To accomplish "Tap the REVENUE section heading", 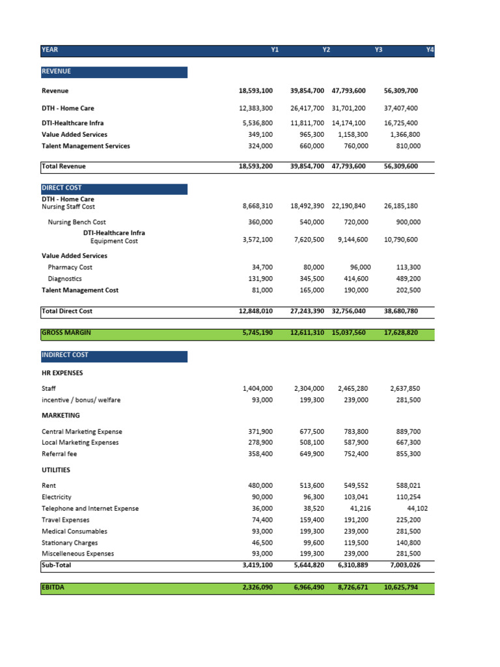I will pos(57,72).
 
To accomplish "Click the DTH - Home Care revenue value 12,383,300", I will pos(256,108).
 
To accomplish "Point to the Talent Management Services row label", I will pos(85,146).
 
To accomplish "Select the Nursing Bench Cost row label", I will pos(77,222).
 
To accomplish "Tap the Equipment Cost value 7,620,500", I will pos(309,240).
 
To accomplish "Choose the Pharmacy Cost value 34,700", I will pos(262,267).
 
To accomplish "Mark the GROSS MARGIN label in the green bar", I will pos(66,333).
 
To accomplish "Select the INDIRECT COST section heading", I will pos(65,356).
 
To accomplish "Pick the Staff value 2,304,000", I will pos(309,388).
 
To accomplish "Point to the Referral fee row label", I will pos(59,453).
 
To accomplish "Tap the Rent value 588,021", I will pos(408,485).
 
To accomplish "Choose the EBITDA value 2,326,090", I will pos(256,588).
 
